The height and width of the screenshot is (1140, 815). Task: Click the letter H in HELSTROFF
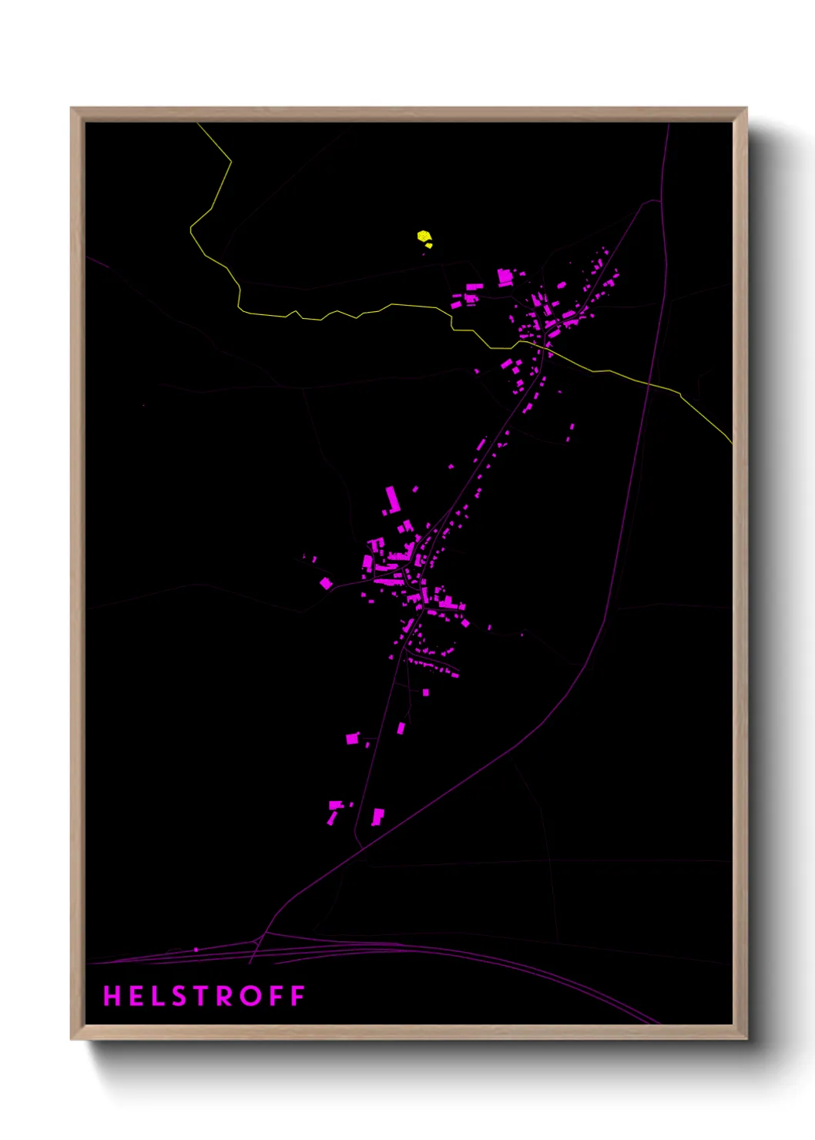pos(112,996)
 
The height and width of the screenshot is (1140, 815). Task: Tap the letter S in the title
pos(179,996)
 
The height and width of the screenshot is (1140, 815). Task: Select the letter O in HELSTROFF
pos(250,996)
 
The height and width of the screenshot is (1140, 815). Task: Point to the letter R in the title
pos(226,996)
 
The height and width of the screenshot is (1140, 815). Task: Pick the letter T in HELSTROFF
pos(202,996)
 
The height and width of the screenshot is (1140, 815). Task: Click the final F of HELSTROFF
pos(298,996)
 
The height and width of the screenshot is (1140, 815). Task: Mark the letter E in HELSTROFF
pos(135,996)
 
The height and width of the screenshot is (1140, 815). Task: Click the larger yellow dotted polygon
pos(423,236)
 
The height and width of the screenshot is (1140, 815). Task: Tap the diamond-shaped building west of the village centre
pos(326,583)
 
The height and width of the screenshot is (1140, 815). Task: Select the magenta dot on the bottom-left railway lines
pos(196,950)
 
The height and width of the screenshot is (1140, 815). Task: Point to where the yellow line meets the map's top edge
pos(197,123)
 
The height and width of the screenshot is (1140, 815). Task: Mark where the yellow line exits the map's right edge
pos(731,443)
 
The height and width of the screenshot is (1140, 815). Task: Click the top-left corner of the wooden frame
pos(72,109)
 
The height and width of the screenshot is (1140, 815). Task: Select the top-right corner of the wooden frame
pos(746,109)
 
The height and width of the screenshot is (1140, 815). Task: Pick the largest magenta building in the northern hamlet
pos(505,277)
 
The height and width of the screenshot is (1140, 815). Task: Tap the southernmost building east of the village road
pos(377,816)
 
